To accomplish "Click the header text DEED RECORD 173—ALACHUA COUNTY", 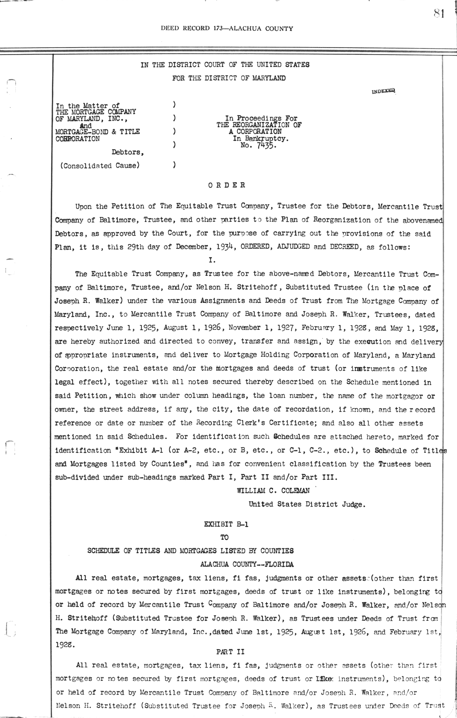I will coord(227,28).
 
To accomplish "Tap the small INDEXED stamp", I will coord(384,91).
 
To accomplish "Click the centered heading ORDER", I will coord(227,186).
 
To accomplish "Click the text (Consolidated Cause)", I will coord(98,166).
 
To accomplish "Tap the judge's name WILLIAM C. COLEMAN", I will coord(273,491).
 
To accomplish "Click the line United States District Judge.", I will coord(307,504).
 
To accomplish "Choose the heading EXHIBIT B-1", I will coord(226,524).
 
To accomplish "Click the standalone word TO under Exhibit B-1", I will coord(225,537).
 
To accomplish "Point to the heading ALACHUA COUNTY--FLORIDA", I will coord(247,564).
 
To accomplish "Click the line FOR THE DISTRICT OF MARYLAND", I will coord(228,78).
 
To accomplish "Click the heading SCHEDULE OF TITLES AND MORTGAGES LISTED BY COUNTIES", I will coord(190,551).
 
